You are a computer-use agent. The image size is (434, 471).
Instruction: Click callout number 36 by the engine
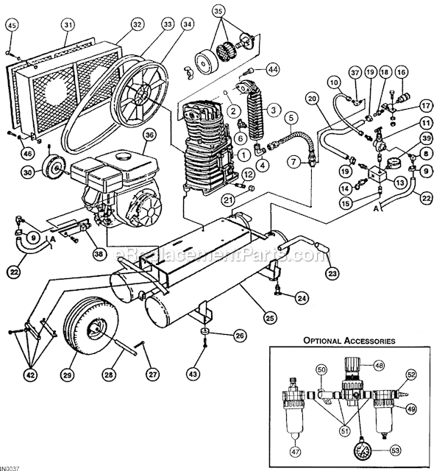pos(149,135)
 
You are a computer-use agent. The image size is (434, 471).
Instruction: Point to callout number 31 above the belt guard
pos(68,24)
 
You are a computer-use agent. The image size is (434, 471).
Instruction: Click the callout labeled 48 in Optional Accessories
pos(379,365)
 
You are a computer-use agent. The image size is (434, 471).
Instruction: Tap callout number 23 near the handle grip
pos(333,274)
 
